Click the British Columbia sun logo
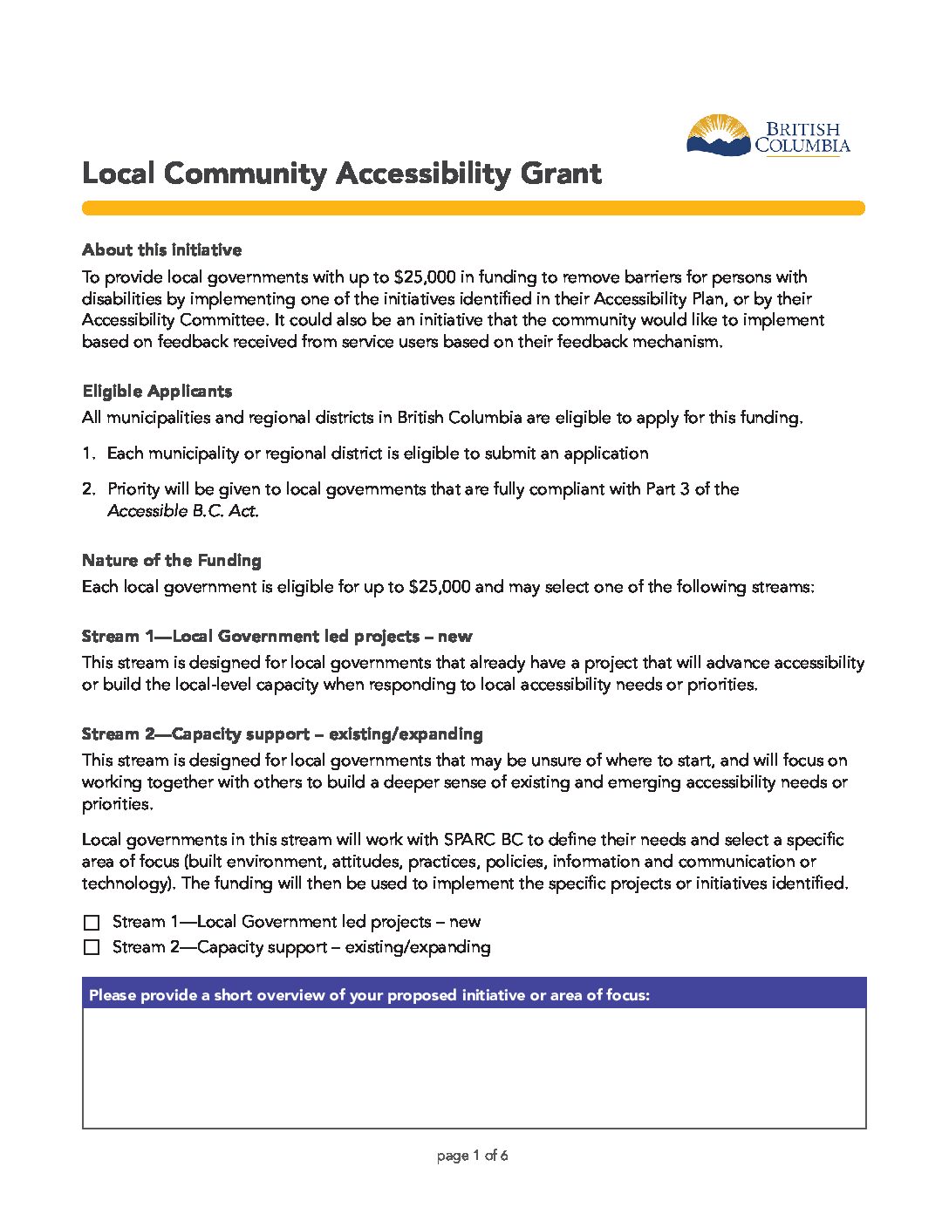[718, 136]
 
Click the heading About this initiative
[161, 250]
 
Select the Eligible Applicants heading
[157, 391]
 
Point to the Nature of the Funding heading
[172, 560]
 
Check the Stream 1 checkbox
[92, 922]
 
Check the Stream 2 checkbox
[92, 947]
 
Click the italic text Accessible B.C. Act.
[183, 511]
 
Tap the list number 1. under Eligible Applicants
[88, 454]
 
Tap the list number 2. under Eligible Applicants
[88, 489]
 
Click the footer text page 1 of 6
[472, 1156]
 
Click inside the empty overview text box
[474, 1068]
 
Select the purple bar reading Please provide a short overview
[474, 994]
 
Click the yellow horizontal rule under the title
[473, 208]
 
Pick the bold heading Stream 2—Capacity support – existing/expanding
[282, 734]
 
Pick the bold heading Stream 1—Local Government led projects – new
[277, 637]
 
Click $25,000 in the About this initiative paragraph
[425, 277]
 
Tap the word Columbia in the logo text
[802, 147]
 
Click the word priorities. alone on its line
[117, 804]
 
